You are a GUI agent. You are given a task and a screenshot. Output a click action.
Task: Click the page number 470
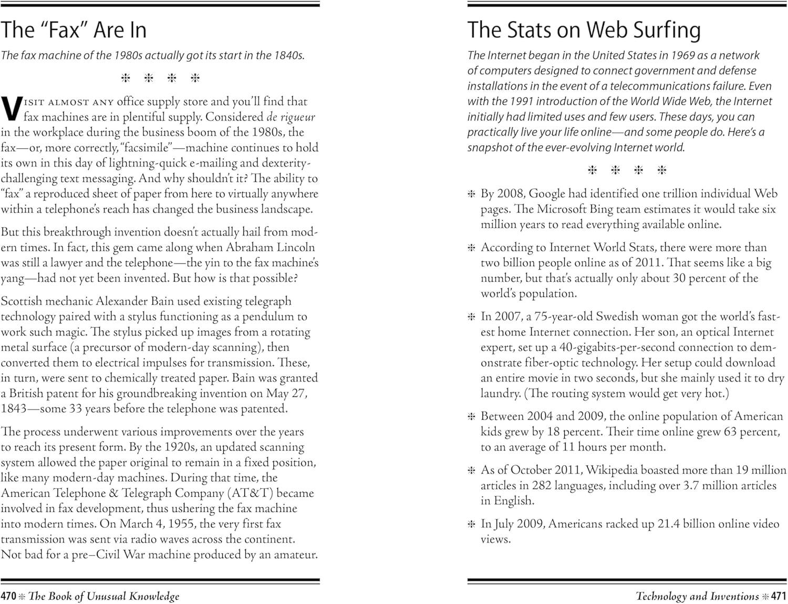tap(8, 596)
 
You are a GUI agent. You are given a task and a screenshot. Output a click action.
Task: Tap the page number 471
tap(779, 596)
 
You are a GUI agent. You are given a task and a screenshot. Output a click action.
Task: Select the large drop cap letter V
tap(11, 108)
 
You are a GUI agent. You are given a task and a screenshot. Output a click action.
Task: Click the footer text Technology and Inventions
tap(697, 596)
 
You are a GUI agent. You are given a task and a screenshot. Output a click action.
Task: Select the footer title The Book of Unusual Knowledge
tap(104, 596)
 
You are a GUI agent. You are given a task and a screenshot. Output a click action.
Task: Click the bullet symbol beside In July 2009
tap(471, 524)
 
